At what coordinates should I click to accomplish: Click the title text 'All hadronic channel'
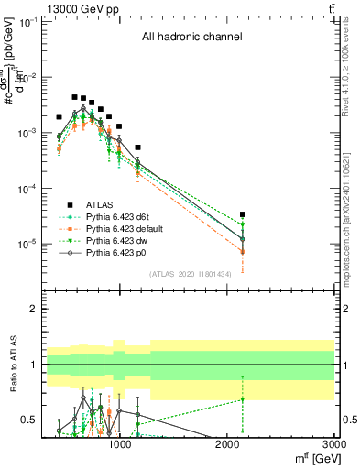click(191, 38)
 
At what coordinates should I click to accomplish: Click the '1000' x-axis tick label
click(119, 444)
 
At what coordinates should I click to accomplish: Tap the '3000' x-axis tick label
click(334, 444)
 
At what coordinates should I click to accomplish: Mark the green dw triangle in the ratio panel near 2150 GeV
click(243, 399)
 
